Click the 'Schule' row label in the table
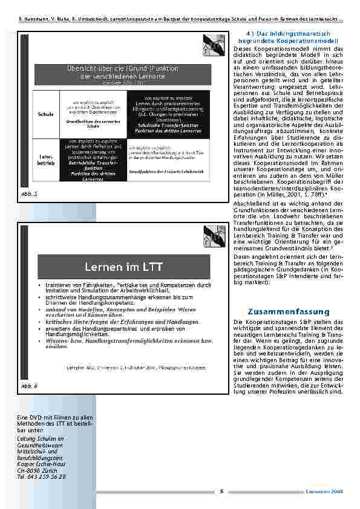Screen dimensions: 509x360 coord(45,114)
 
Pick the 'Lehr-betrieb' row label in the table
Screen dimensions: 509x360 coord(45,160)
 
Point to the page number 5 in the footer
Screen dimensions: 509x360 coord(221,491)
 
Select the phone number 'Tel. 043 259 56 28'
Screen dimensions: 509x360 coord(41,477)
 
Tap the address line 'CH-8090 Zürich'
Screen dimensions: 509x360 coord(38,471)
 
